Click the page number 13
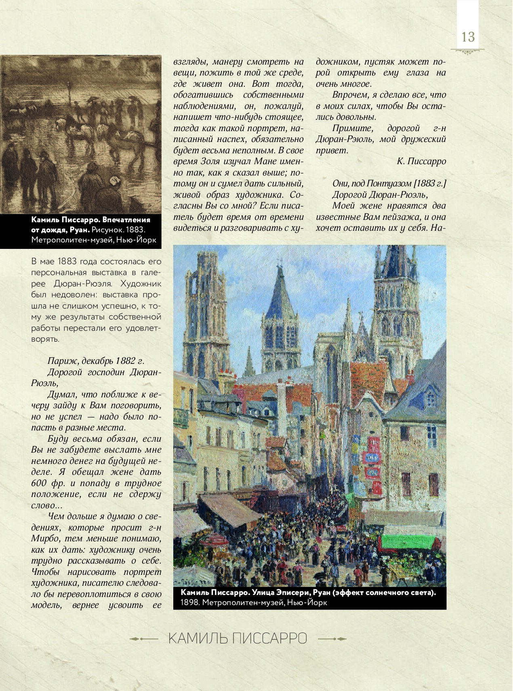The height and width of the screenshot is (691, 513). [467, 37]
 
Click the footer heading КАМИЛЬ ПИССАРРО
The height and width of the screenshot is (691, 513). [238, 639]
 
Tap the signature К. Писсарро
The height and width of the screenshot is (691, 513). [421, 161]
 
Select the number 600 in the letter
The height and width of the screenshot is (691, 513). [40, 483]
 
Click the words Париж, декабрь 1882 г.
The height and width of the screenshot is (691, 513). [96, 361]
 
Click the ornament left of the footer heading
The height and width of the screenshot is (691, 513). [144, 639]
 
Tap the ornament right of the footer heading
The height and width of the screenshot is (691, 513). [332, 639]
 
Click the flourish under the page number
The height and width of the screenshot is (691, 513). [467, 51]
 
